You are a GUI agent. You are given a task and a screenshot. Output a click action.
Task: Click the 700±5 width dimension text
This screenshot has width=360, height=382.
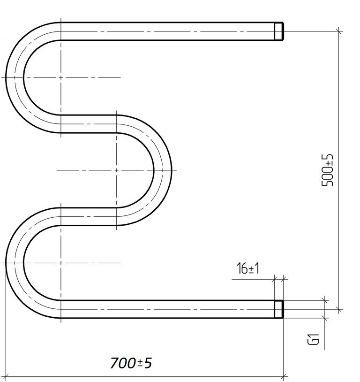point(131,363)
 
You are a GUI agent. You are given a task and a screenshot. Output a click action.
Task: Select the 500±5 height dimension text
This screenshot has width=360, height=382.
point(327,170)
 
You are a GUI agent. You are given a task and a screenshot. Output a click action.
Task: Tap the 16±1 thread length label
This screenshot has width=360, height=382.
point(248,268)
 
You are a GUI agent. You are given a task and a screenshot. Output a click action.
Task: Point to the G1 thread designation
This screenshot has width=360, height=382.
point(313,339)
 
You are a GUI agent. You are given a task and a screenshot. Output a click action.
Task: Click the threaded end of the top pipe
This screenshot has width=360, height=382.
point(279,31)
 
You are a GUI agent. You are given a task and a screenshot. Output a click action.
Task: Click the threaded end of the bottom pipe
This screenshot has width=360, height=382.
point(279,309)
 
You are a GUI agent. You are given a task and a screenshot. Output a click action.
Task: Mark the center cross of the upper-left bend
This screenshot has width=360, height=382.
point(60,77)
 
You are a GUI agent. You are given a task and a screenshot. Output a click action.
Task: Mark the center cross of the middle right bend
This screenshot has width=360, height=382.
point(116,170)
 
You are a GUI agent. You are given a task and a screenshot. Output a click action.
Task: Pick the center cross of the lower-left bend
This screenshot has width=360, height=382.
point(60,263)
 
